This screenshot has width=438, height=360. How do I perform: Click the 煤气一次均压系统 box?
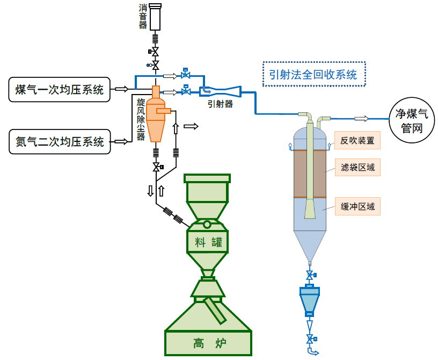tap(59, 90)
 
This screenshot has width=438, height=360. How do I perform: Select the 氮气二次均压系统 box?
tap(60, 141)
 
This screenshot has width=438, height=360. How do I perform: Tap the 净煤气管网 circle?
tap(412, 120)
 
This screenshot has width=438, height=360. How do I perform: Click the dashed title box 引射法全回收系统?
tap(314, 74)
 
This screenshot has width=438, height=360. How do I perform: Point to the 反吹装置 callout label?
tap(357, 140)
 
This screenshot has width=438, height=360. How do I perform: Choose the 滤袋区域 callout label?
tap(357, 167)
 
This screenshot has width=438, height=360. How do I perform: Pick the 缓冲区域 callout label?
tap(357, 206)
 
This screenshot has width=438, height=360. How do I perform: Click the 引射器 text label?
tap(220, 104)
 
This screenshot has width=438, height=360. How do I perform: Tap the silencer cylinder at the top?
tap(155, 17)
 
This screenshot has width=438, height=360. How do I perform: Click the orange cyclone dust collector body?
tap(155, 114)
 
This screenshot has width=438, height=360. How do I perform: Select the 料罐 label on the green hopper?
tap(209, 242)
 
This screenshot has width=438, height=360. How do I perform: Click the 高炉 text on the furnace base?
tap(209, 343)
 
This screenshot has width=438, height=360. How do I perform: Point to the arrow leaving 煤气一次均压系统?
tap(122, 89)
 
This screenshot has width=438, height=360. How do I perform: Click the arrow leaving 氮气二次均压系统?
tap(121, 141)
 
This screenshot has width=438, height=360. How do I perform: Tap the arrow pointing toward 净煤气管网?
tap(361, 119)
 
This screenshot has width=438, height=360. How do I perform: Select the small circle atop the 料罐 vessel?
tap(207, 225)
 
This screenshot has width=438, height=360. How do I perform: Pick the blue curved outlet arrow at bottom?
tap(312, 351)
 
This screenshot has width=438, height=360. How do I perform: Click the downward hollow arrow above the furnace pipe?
tap(150, 191)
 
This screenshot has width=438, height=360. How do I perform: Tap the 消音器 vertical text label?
tap(143, 17)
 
